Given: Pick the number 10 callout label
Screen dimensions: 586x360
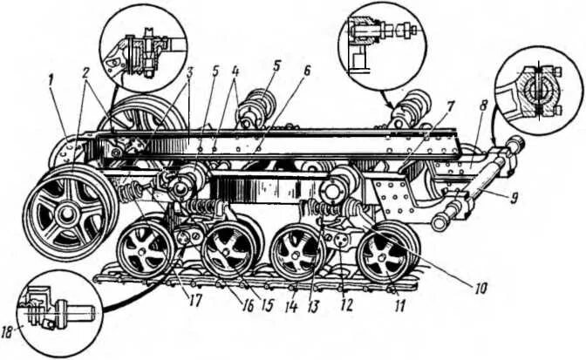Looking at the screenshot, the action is point(479,284).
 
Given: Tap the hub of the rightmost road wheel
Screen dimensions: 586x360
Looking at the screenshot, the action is point(380,254).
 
